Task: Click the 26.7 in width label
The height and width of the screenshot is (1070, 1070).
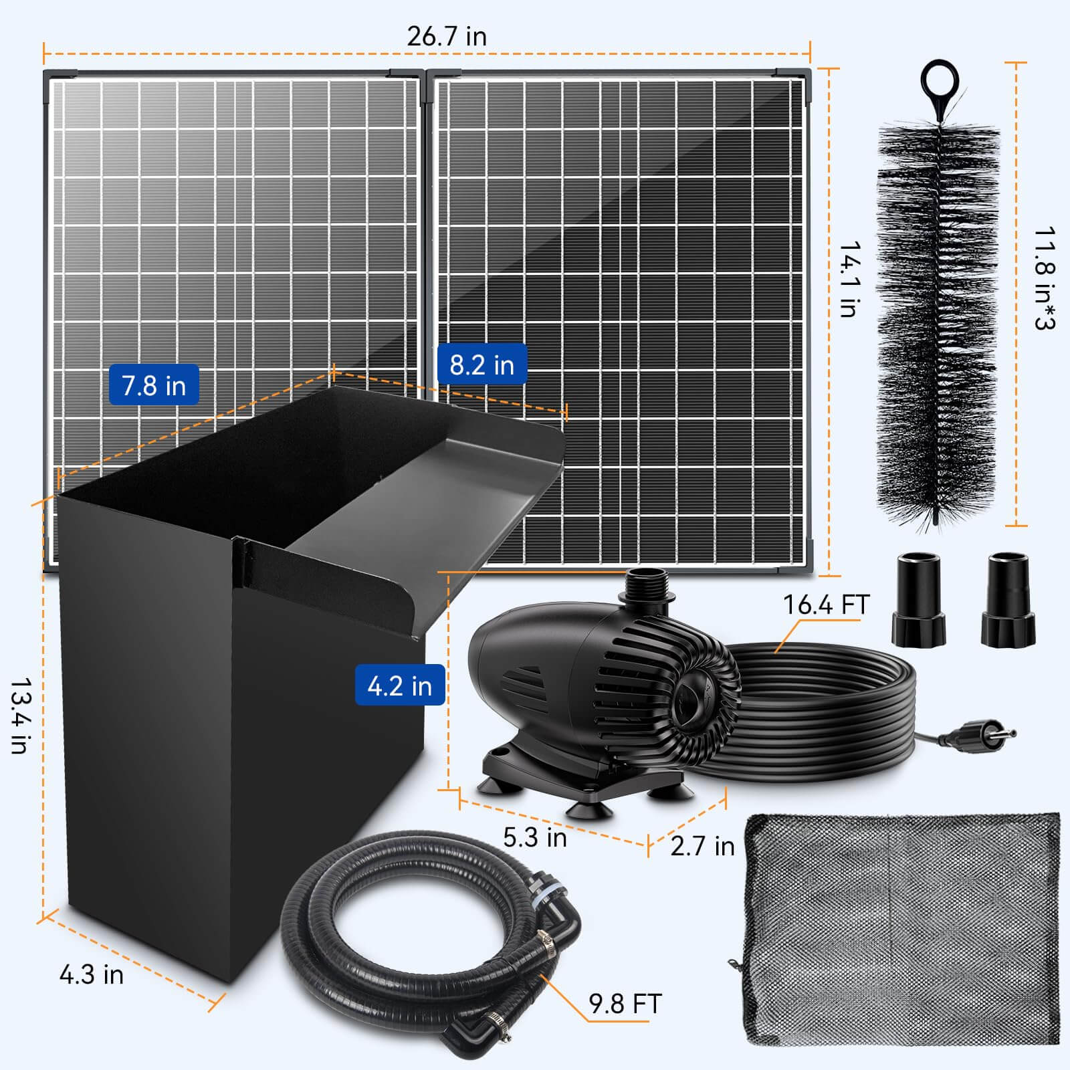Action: pyautogui.click(x=447, y=36)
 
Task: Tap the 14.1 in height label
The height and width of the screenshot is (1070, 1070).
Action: pyautogui.click(x=849, y=279)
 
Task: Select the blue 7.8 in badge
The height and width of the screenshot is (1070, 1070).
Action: pyautogui.click(x=154, y=385)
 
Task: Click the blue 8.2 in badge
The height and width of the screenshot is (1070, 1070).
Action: pyautogui.click(x=481, y=364)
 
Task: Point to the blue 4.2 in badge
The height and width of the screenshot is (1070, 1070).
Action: pyautogui.click(x=399, y=685)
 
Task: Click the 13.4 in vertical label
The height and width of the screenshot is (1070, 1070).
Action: pyautogui.click(x=20, y=716)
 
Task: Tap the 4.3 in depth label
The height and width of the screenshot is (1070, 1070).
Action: pyautogui.click(x=92, y=975)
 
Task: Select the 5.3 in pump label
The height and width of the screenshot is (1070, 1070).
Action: pyautogui.click(x=534, y=837)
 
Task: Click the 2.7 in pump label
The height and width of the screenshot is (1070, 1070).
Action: pyautogui.click(x=702, y=846)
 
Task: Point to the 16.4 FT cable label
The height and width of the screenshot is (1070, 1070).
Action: pyautogui.click(x=825, y=605)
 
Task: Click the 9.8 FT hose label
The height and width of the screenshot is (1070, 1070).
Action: pyautogui.click(x=625, y=1004)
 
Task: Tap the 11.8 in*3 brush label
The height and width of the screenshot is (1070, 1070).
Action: pyautogui.click(x=1044, y=279)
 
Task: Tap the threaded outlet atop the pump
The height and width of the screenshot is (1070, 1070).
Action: pyautogui.click(x=643, y=586)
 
